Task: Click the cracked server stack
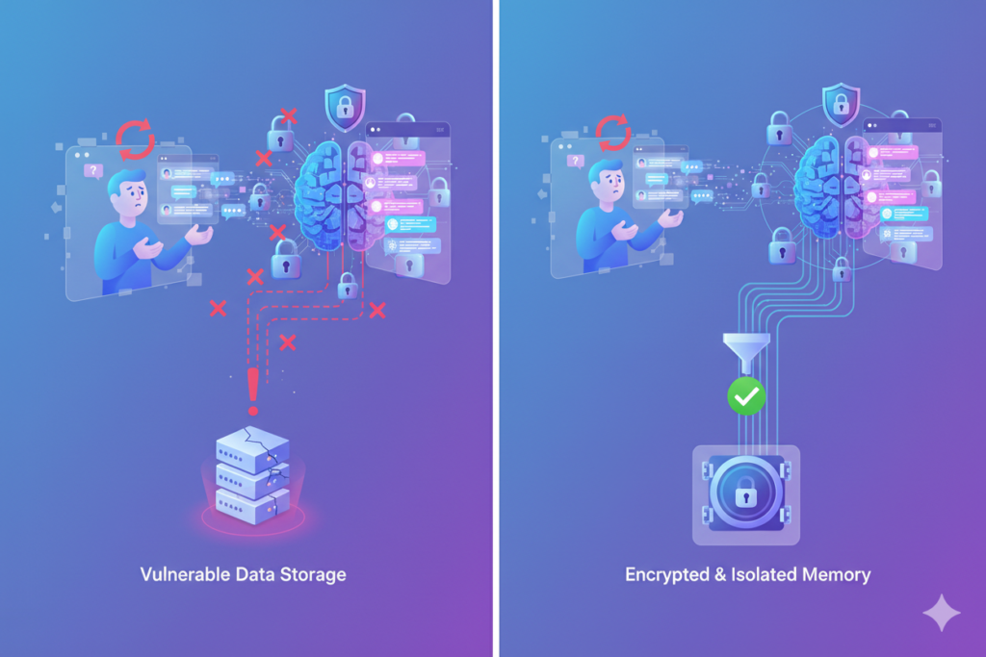click(252, 475)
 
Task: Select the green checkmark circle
click(746, 395)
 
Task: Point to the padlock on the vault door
click(746, 494)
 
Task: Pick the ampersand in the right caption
click(720, 575)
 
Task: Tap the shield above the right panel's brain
click(841, 104)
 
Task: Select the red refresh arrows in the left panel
click(135, 139)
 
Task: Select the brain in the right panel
click(830, 189)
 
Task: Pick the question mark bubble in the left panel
click(93, 170)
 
